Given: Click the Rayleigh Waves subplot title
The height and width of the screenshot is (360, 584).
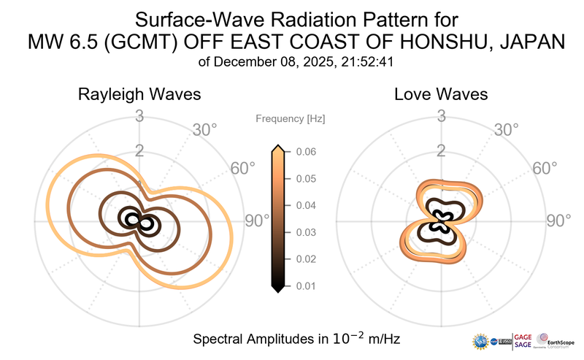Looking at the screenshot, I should [x=139, y=95].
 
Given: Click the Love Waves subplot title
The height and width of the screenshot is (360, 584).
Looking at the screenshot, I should [x=441, y=95].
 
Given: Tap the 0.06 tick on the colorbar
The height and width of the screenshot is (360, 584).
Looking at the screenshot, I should [x=305, y=152].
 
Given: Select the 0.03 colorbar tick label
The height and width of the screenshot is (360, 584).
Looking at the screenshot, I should [x=305, y=232].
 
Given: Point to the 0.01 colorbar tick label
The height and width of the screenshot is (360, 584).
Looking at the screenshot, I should [x=305, y=286].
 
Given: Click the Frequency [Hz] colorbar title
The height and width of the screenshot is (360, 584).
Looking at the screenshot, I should [x=290, y=118].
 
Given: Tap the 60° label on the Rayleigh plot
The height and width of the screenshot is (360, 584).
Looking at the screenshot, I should [x=242, y=168].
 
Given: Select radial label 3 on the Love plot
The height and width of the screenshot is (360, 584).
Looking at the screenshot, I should [x=441, y=115].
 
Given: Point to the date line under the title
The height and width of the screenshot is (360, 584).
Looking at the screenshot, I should [x=291, y=62].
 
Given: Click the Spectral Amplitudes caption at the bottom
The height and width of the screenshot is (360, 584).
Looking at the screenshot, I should [x=296, y=339].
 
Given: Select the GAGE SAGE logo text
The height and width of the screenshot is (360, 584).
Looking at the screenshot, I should [x=523, y=340].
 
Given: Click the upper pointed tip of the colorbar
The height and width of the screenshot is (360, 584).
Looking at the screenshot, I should [x=277, y=148].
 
